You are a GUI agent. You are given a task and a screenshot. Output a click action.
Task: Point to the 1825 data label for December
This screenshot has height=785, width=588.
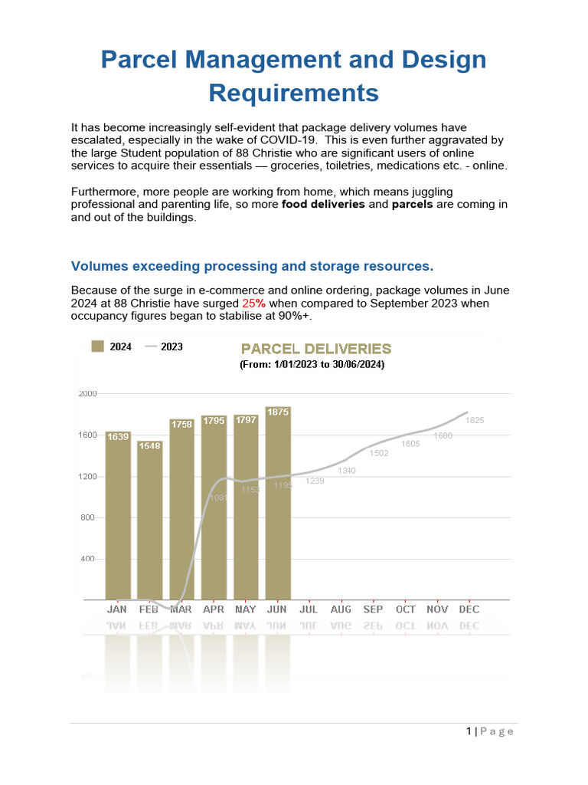point(475,420)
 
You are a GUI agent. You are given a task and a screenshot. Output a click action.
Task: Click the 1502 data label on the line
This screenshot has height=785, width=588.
point(379,453)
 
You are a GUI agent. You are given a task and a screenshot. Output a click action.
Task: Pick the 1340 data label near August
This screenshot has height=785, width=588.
point(347,471)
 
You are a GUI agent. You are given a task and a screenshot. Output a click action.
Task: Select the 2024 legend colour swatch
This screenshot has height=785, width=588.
point(97,347)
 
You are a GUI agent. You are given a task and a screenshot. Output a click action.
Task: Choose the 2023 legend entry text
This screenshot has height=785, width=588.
point(171,347)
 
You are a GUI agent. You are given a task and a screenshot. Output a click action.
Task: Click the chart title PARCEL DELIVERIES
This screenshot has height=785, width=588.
point(316,349)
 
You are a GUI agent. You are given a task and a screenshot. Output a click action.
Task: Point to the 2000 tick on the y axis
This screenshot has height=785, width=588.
point(88,393)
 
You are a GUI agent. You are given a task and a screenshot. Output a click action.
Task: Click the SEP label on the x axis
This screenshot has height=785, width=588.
point(374,609)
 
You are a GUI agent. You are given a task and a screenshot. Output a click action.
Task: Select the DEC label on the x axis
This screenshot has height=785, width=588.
point(469,609)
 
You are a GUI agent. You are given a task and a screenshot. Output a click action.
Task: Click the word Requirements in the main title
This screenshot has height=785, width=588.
point(294,93)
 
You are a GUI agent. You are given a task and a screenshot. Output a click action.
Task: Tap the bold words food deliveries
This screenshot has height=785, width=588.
point(323,205)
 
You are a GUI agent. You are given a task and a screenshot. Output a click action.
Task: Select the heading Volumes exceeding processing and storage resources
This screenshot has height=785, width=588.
point(252,266)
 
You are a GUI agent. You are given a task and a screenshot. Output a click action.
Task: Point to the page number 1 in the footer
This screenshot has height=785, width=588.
point(469,731)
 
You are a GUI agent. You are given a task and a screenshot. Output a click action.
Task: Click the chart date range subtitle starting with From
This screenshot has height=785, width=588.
point(312,365)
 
